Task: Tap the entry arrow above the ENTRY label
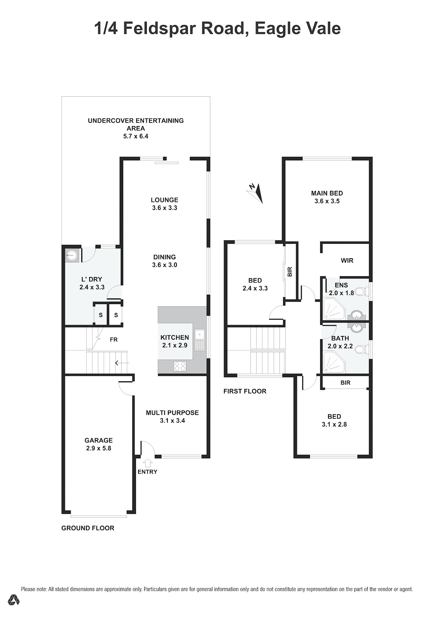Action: [x=148, y=463]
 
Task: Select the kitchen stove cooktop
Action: [x=180, y=366]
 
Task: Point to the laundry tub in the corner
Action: [x=72, y=255]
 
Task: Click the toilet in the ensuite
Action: [x=361, y=291]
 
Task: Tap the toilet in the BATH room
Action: [x=361, y=349]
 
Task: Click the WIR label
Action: [x=347, y=260]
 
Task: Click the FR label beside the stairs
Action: [x=114, y=340]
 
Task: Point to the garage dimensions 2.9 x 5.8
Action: [x=99, y=448]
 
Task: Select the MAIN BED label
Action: [x=327, y=193]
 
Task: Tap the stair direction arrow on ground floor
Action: [x=122, y=363]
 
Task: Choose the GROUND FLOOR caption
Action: [x=88, y=528]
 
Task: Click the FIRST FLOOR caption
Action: [x=245, y=391]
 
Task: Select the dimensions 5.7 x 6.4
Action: [x=136, y=136]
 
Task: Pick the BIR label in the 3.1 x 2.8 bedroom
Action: [x=345, y=383]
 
